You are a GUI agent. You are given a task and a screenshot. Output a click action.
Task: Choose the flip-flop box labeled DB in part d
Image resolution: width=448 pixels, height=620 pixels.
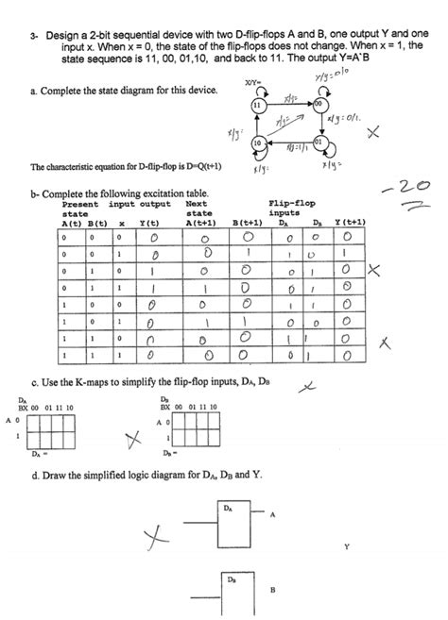[x=229, y=591]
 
